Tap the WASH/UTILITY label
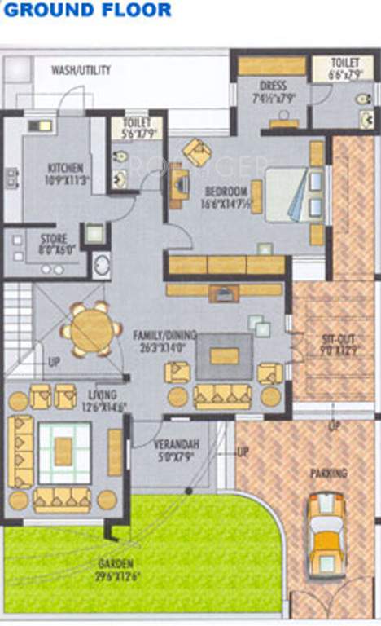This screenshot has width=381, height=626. pyautogui.click(x=81, y=70)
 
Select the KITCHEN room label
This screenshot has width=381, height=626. pyautogui.click(x=65, y=168)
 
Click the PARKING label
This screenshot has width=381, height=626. pyautogui.click(x=328, y=473)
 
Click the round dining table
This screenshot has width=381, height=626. pyautogui.click(x=90, y=330)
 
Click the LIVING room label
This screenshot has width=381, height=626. pyautogui.click(x=103, y=395)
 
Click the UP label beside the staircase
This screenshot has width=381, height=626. pyautogui.click(x=54, y=361)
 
